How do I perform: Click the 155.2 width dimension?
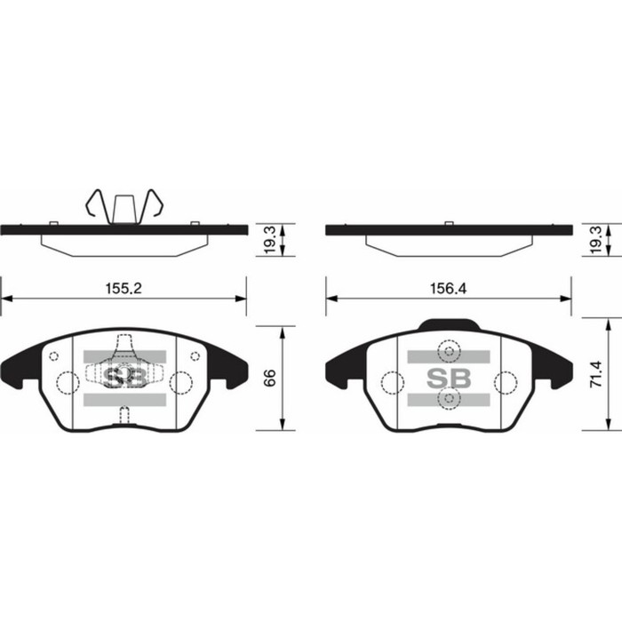pyautogui.click(x=124, y=289)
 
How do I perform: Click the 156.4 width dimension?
pyautogui.click(x=448, y=289)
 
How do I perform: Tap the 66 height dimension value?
pyautogui.click(x=269, y=378)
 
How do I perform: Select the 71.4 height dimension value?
pyautogui.click(x=596, y=374)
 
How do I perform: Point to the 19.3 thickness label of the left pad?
pyautogui.click(x=269, y=240)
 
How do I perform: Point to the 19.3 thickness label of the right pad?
pyautogui.click(x=596, y=240)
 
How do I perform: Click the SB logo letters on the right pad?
pyautogui.click(x=449, y=378)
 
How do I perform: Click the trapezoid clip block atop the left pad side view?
pyautogui.click(x=124, y=210)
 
